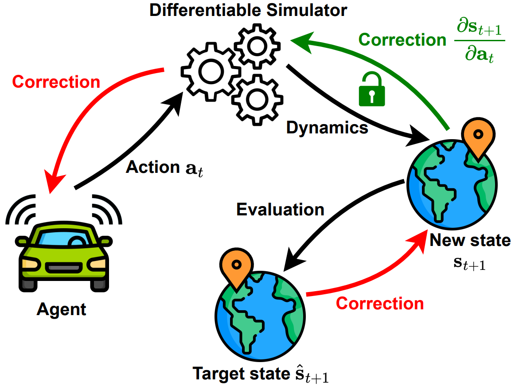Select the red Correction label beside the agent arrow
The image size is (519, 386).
tap(56, 82)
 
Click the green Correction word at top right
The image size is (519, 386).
tap(402, 40)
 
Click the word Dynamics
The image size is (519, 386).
tap(327, 128)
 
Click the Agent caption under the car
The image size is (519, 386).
tap(62, 309)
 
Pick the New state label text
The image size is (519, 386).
tap(470, 241)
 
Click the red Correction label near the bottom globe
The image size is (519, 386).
tap(380, 304)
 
